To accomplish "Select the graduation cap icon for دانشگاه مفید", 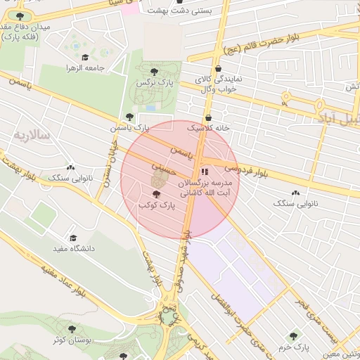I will click(x=72, y=238).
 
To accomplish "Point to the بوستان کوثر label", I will click(x=70, y=340).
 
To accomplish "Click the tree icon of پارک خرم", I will click(x=293, y=336).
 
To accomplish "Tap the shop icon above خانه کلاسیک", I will click(x=207, y=118).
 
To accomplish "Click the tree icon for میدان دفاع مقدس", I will click(x=19, y=16).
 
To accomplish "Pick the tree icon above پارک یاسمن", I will click(x=128, y=117).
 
